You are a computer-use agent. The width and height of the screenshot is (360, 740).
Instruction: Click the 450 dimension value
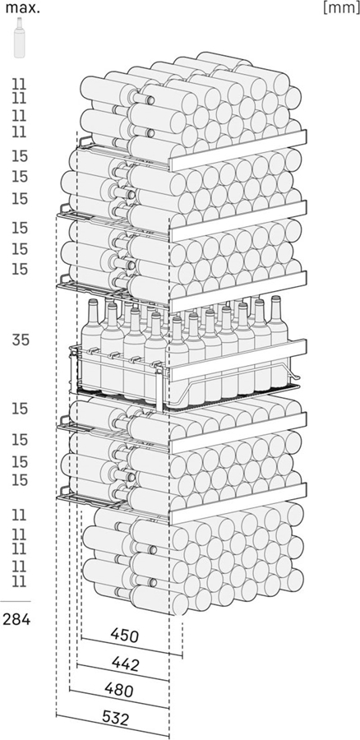coord(125,636)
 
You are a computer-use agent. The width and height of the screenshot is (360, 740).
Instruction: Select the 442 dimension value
coord(126,664)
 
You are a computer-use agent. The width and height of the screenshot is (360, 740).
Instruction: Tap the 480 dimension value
coord(119,691)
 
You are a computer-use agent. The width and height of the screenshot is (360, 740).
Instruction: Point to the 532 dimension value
coord(115,719)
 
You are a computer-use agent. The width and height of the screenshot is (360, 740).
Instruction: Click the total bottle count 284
coord(16,618)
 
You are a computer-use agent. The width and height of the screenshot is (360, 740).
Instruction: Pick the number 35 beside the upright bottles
coord(21,340)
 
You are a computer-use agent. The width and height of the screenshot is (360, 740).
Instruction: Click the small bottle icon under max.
coord(20,38)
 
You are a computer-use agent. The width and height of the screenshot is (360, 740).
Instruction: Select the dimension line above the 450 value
coord(132,647)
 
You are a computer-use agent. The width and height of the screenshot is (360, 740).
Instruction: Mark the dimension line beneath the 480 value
coord(119,700)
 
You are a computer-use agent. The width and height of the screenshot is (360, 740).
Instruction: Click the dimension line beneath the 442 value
coord(122,673)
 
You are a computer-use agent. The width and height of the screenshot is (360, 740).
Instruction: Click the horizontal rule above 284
coord(16,601)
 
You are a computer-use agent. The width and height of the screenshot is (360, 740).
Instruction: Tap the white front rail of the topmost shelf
coord(238,150)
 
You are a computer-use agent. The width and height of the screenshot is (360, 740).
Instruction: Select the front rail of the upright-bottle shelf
coord(238,360)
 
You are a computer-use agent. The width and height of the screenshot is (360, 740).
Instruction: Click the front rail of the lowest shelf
coord(238,503)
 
